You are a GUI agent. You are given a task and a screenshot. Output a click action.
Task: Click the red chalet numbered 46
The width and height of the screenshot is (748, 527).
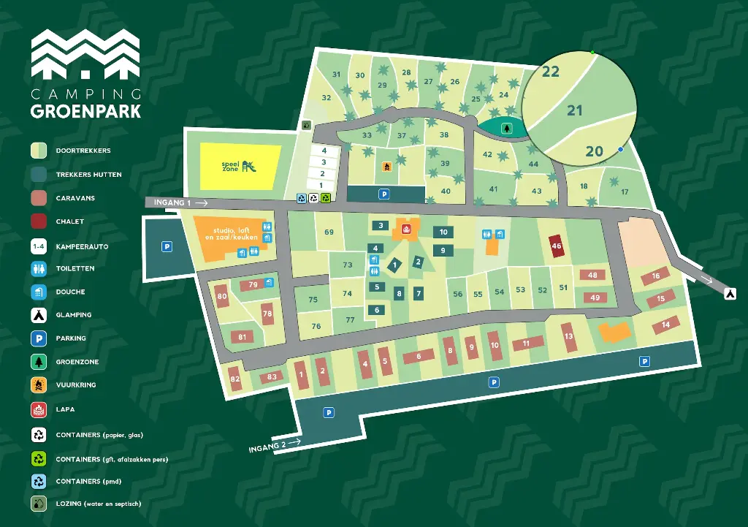click(x=557, y=246)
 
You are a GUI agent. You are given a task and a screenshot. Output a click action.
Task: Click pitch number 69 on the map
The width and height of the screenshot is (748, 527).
click(x=329, y=232)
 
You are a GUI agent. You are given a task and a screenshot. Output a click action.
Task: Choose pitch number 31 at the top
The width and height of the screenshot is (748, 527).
click(x=336, y=75)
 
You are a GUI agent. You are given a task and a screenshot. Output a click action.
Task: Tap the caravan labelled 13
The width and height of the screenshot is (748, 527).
click(x=569, y=337)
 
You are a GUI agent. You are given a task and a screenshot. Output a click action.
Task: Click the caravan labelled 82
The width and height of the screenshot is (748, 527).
click(x=234, y=379)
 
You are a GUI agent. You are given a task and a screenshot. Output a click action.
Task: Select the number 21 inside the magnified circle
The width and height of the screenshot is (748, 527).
click(x=575, y=110)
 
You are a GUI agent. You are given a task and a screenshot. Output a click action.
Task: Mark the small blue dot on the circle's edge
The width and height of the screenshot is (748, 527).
click(x=620, y=149)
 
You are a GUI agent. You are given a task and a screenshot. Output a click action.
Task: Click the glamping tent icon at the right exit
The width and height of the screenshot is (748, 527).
click(x=729, y=293)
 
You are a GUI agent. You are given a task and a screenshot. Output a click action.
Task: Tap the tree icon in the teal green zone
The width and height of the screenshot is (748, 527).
click(x=505, y=129)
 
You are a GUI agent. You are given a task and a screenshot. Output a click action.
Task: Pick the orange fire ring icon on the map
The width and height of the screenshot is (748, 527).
click(x=386, y=167)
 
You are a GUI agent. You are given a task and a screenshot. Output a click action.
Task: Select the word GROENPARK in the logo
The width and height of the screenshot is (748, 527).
click(x=86, y=111)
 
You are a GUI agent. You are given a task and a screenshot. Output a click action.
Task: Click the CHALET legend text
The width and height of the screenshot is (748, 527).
click(x=69, y=221)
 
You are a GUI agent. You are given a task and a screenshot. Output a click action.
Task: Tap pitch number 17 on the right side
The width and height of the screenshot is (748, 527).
click(x=625, y=192)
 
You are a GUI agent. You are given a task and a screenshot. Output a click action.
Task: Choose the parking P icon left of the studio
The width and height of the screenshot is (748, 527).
click(x=167, y=247)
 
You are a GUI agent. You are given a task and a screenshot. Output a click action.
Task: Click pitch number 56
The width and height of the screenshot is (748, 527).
click(x=458, y=295)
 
